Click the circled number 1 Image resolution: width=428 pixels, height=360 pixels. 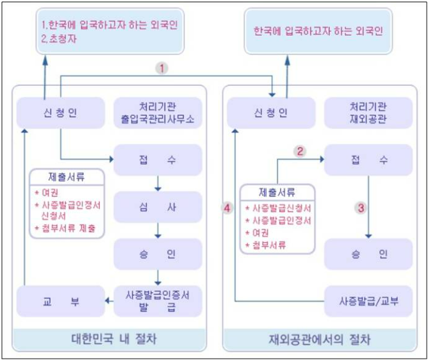pos(163,67)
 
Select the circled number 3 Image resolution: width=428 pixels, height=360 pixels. pos(361,208)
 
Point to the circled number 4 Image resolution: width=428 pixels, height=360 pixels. pos(227,208)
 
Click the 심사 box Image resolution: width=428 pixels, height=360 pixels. pos(158,208)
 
